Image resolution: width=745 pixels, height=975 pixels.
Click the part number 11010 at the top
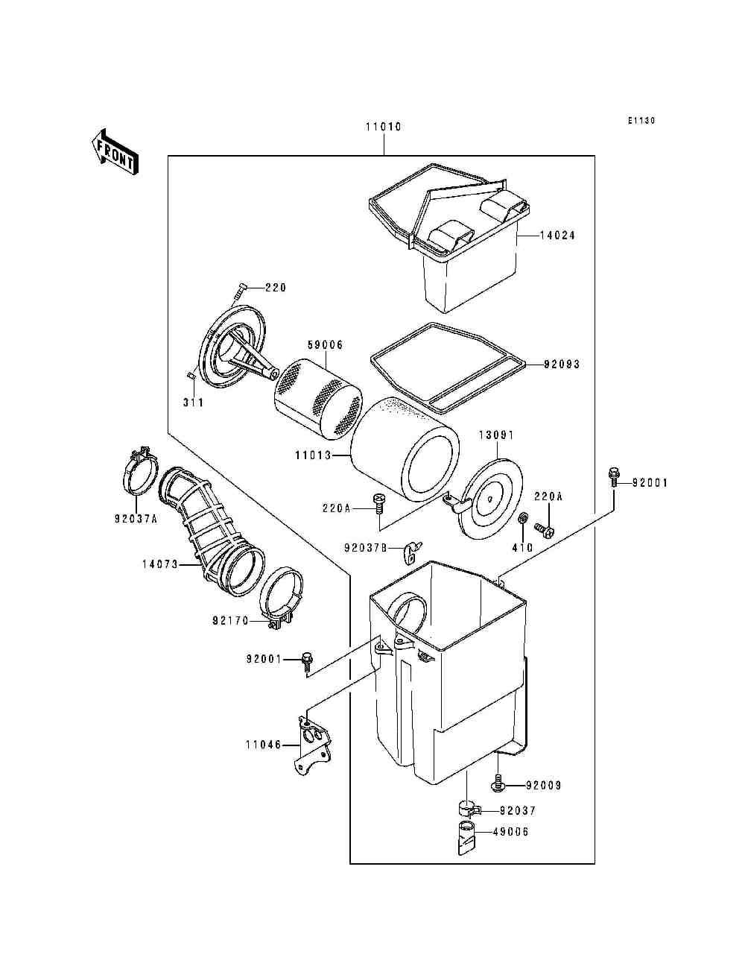pyautogui.click(x=383, y=127)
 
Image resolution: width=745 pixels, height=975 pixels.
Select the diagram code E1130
pyautogui.click(x=641, y=121)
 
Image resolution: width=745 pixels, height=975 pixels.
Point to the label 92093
pyautogui.click(x=562, y=365)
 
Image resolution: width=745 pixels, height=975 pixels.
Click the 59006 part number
pyautogui.click(x=325, y=345)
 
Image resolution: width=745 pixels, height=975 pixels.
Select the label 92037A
pyautogui.click(x=136, y=519)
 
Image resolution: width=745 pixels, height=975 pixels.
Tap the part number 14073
pyautogui.click(x=159, y=564)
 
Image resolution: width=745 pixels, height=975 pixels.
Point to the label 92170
pyautogui.click(x=230, y=619)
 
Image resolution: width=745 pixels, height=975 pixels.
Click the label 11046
pyautogui.click(x=263, y=744)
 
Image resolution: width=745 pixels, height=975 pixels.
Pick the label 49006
pyautogui.click(x=510, y=832)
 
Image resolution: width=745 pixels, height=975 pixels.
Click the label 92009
pyautogui.click(x=544, y=786)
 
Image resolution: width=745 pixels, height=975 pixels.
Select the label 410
pyautogui.click(x=522, y=548)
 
